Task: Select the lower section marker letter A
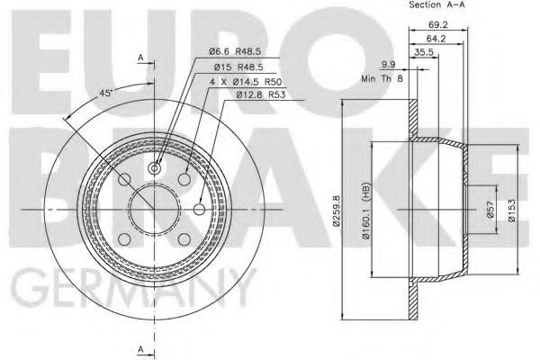(x=141, y=348)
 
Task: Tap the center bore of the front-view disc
(x=154, y=208)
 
